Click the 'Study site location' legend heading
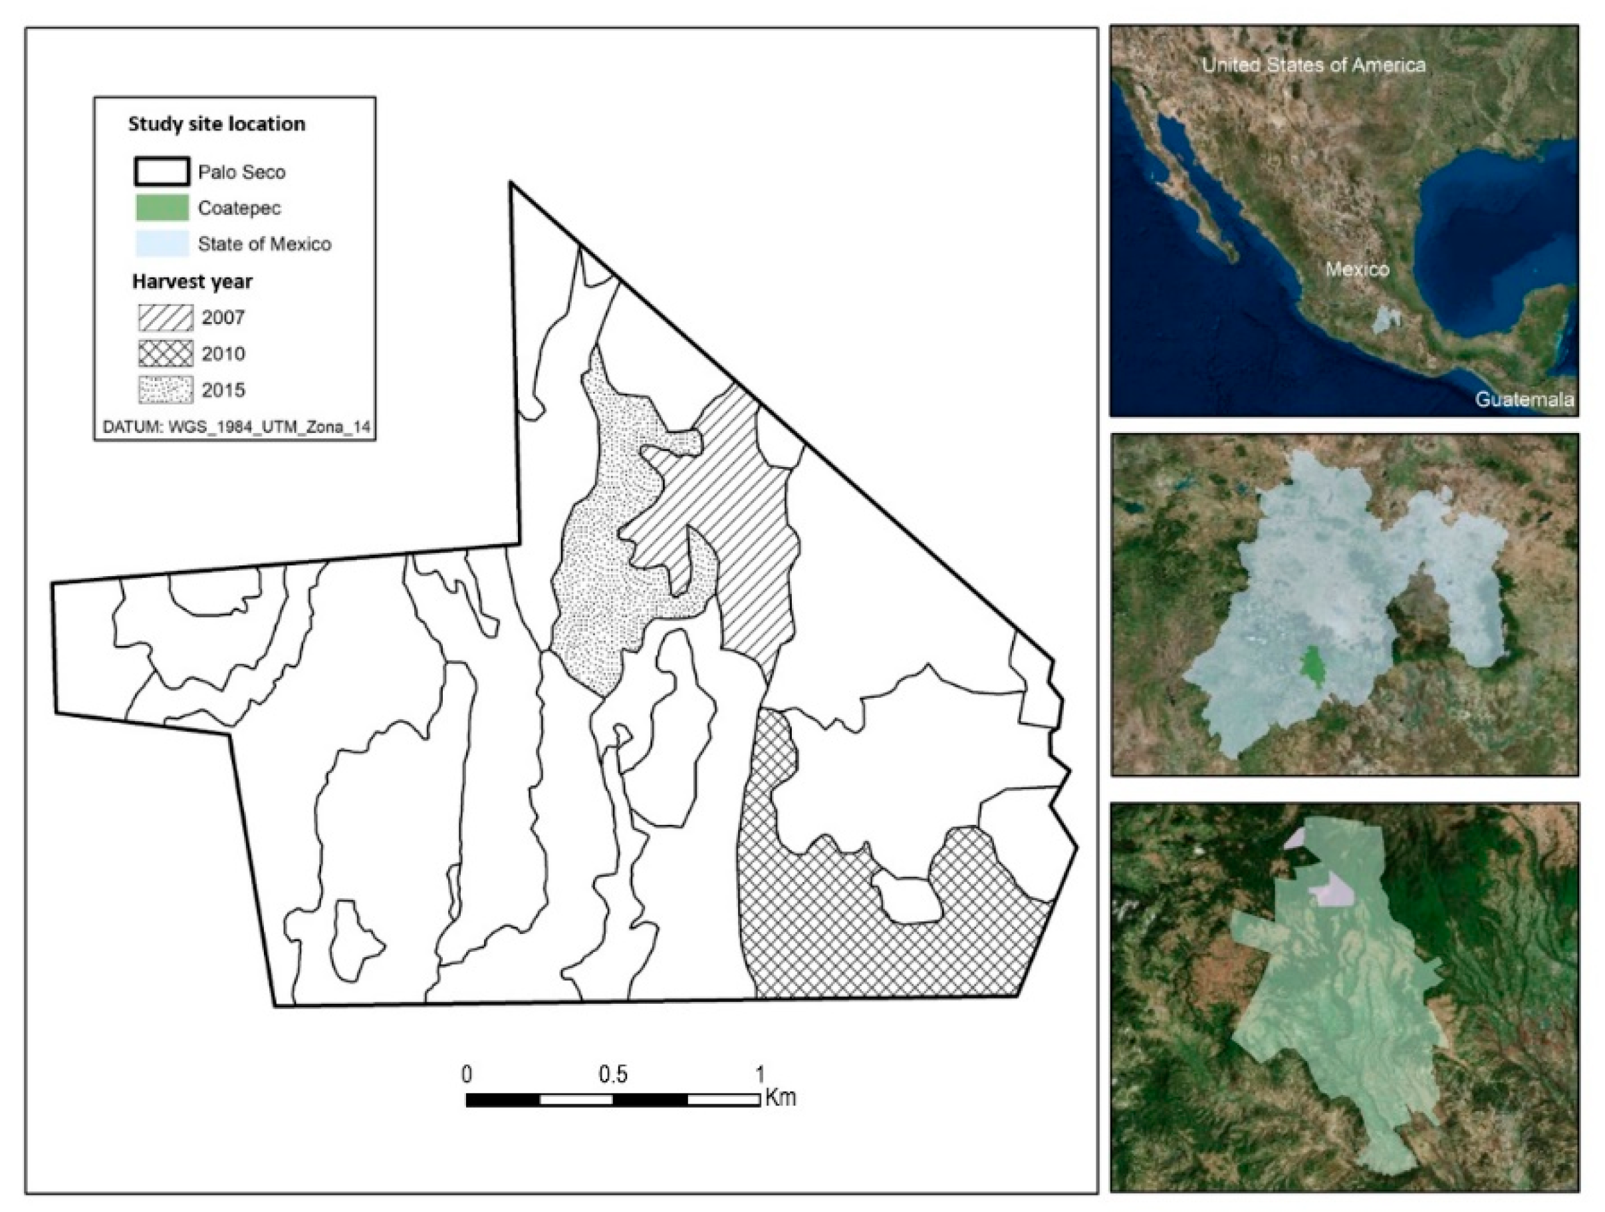(x=216, y=124)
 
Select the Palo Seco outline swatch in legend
(x=161, y=172)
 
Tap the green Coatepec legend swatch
(x=161, y=208)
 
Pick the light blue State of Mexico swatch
(x=161, y=244)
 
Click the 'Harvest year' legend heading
(x=192, y=281)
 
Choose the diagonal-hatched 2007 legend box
(x=166, y=317)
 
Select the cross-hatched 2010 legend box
(x=166, y=353)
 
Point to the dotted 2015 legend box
(x=166, y=390)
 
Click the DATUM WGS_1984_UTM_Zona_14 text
(x=237, y=427)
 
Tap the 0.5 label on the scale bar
(x=613, y=1074)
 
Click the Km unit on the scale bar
(x=780, y=1098)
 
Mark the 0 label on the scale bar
(x=467, y=1074)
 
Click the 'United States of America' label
(x=1313, y=65)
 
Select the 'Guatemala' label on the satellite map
(x=1525, y=399)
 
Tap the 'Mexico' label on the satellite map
(x=1357, y=269)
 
